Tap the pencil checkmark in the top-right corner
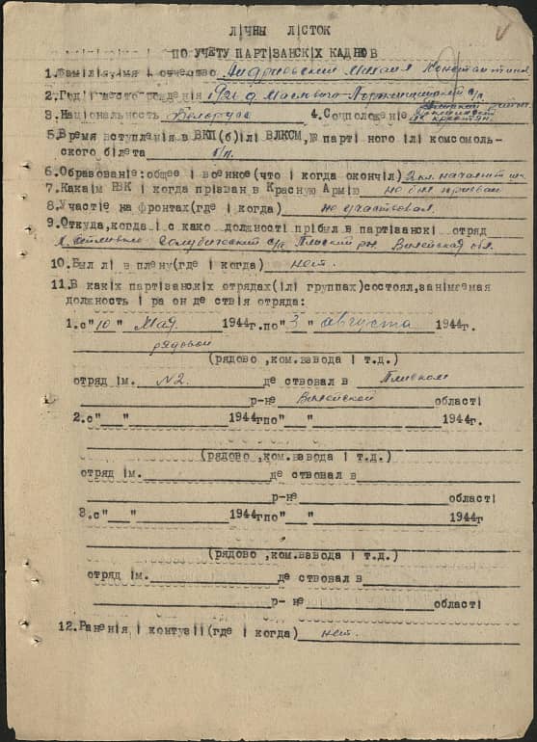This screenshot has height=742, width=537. tap(502, 30)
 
